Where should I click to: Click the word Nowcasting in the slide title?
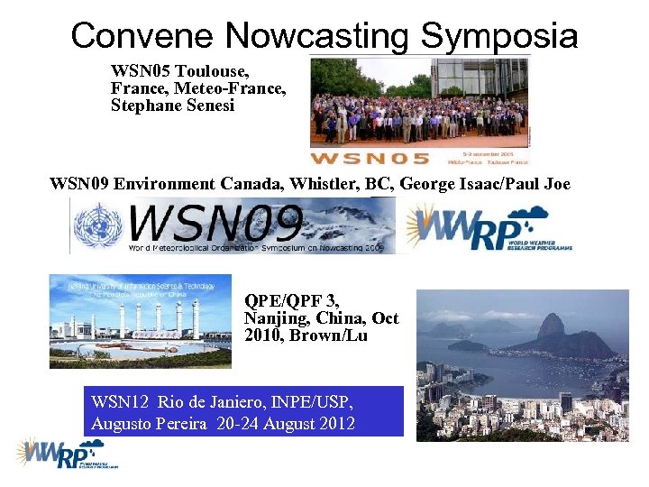click(317, 36)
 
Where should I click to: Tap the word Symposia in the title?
click(499, 36)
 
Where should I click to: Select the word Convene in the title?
click(142, 36)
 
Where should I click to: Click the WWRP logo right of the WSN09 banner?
click(487, 226)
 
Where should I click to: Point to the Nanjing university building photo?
click(140, 321)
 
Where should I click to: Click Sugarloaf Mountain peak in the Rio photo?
click(551, 326)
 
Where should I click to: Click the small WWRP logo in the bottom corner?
click(66, 454)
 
